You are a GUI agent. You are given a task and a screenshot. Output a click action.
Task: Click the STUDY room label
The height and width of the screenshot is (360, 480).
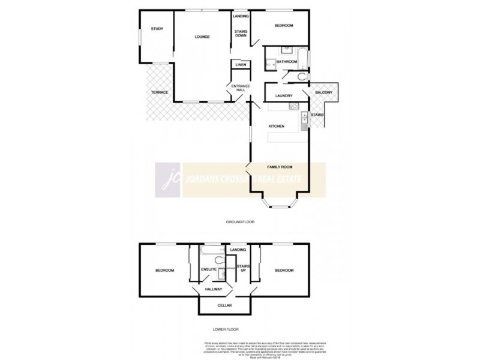coord(157,29)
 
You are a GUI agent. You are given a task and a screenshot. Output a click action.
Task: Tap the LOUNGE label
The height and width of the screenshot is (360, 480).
coord(202,37)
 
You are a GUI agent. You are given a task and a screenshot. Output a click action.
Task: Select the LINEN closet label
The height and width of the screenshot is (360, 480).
coord(241,65)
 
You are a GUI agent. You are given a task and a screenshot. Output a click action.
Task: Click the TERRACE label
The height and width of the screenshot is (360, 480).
coord(159,92)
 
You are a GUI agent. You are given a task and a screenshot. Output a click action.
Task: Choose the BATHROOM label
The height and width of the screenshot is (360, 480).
coord(287,62)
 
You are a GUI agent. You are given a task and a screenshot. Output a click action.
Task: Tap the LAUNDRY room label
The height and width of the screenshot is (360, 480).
coord(284,96)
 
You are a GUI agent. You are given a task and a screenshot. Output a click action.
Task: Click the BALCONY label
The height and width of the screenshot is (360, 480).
coord(324,92)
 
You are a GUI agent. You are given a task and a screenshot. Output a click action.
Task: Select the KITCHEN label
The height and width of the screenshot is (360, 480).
coord(276,125)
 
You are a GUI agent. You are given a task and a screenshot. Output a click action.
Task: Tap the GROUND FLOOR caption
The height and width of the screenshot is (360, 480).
coord(240,222)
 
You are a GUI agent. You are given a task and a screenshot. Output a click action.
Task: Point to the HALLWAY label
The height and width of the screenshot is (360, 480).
coord(214,290)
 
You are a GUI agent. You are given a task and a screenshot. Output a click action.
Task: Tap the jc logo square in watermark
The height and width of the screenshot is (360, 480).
coord(169,180)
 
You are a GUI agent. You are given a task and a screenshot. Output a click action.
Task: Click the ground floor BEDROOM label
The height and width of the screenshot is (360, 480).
coord(283,26)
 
